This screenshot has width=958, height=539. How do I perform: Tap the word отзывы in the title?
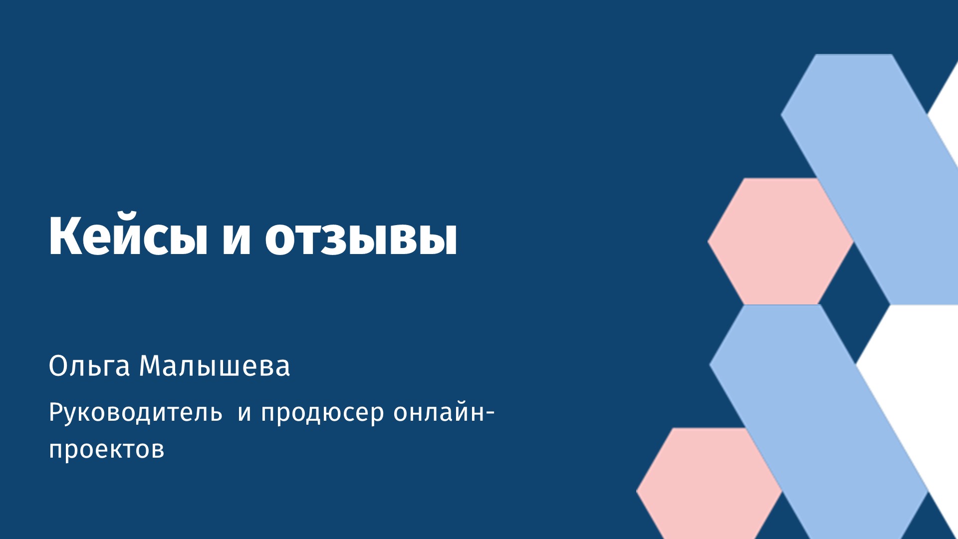pos(361,239)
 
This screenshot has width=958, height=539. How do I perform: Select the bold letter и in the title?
pos(236,239)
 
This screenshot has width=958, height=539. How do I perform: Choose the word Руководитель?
pos(136,413)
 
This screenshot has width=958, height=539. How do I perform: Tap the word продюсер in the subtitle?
pos(322,414)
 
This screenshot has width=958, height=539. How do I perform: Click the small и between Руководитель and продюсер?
pos(244,414)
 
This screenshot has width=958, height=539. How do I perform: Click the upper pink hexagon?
pos(779,241)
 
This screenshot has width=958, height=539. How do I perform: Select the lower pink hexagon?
pos(709,483)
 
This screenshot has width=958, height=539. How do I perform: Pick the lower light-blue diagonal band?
pos(818,422)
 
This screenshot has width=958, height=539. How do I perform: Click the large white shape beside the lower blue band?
pos(913,399)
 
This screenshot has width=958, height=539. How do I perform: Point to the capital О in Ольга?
pos(58,366)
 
